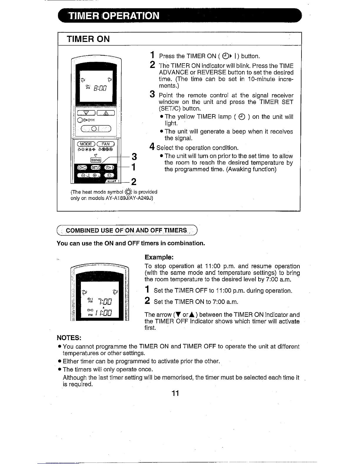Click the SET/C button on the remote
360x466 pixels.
click(x=96, y=167)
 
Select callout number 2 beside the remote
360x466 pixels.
click(x=134, y=182)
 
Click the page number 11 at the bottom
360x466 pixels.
click(x=176, y=393)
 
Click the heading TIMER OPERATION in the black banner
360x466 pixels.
click(x=114, y=16)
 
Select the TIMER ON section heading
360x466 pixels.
click(x=88, y=39)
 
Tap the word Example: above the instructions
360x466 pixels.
click(x=159, y=257)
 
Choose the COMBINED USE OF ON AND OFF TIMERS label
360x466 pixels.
click(x=126, y=230)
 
